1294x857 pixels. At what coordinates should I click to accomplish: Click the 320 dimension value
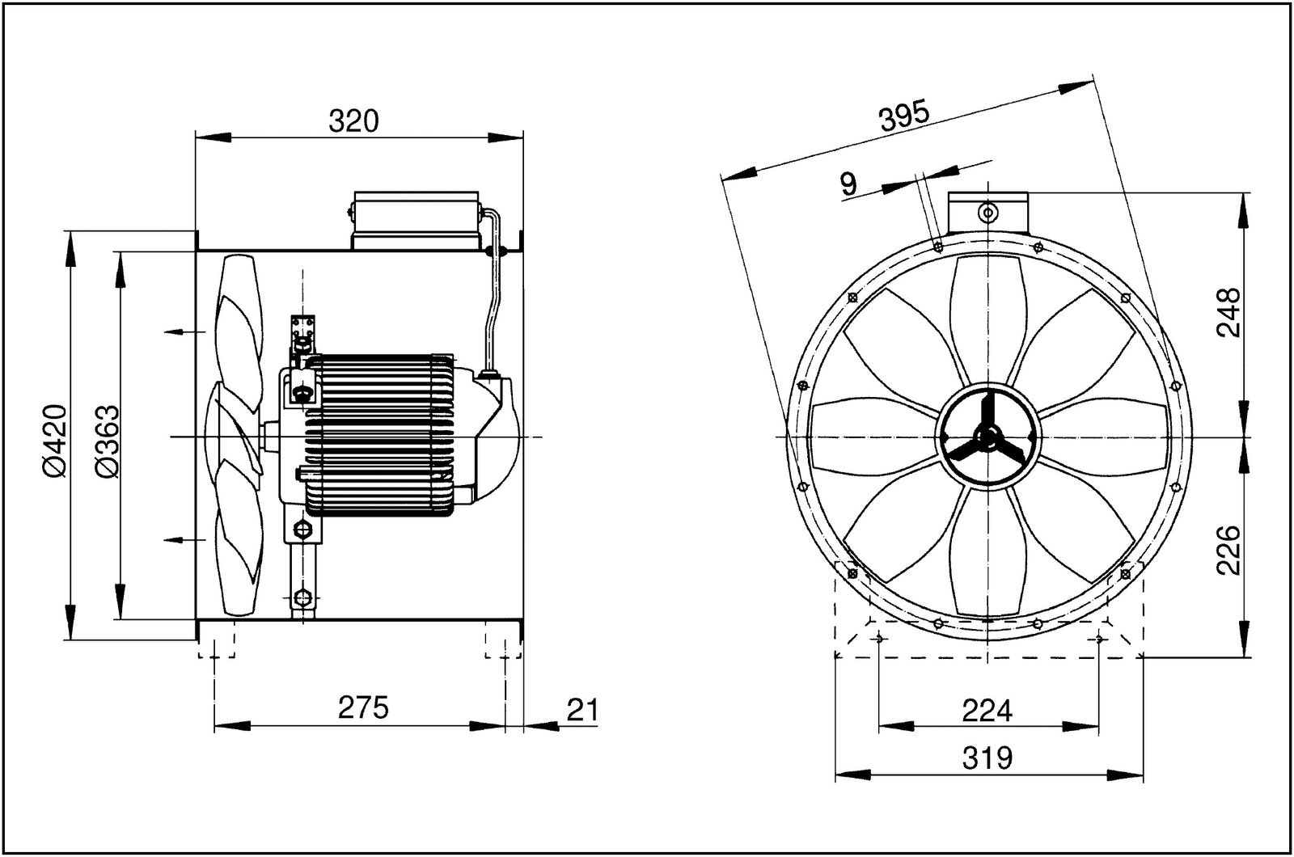[353, 121]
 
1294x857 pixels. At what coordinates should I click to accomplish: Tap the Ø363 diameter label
[107, 441]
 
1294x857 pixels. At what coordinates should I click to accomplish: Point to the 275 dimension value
[363, 707]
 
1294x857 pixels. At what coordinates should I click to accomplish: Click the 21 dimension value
[581, 710]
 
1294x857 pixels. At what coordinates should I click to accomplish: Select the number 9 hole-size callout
[848, 184]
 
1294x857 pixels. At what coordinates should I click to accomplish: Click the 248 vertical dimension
[1228, 314]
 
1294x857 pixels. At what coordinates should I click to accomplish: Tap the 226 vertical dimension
[1228, 550]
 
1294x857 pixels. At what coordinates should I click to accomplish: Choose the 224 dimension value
[987, 711]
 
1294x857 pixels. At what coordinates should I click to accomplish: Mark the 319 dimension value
[987, 758]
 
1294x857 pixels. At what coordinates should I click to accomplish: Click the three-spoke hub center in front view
[987, 437]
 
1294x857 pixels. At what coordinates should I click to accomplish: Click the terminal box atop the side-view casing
[415, 220]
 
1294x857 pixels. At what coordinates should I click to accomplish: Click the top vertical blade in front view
[987, 315]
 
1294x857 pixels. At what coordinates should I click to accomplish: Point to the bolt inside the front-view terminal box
[987, 213]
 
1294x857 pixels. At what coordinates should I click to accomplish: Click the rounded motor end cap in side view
[497, 437]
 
